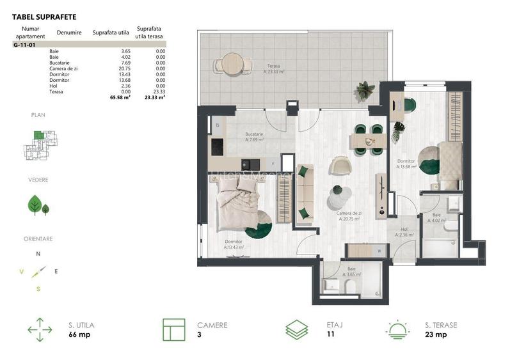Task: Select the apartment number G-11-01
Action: (24, 45)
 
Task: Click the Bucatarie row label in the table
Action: (60, 63)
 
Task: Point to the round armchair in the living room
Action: (339, 166)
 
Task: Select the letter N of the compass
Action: (38, 254)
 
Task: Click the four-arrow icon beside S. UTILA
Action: (40, 330)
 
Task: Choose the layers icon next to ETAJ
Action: (296, 330)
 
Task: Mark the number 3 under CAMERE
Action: (199, 334)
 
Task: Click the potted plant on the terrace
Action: (365, 90)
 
